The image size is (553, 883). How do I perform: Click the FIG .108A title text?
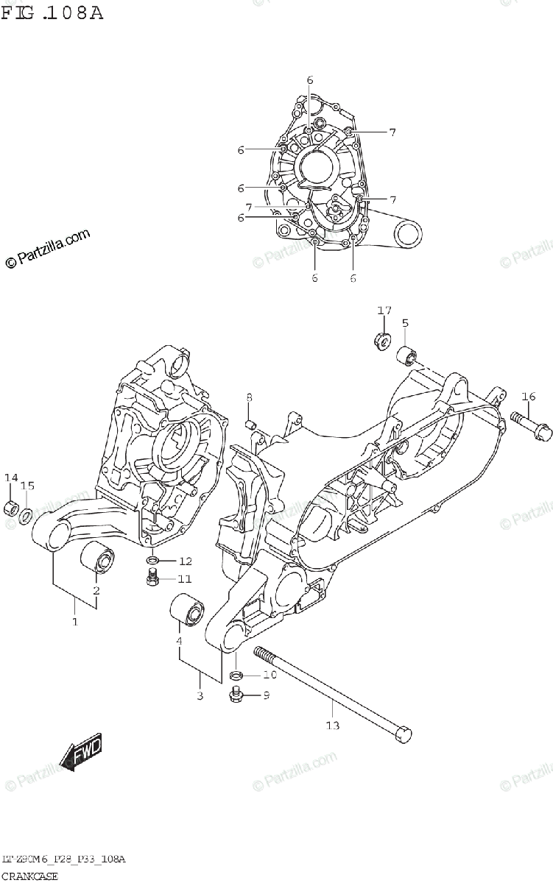point(52,13)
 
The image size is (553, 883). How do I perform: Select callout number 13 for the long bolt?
point(332,726)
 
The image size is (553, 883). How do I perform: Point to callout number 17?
point(384,311)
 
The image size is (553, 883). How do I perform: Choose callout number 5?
point(405,323)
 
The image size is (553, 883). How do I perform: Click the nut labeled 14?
point(11,508)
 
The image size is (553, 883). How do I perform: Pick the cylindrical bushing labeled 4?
point(186,611)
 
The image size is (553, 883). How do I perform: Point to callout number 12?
point(185,561)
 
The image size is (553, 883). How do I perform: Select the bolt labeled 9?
point(236,693)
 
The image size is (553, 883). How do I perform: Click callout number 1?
point(74,623)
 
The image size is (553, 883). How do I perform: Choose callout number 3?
point(199,696)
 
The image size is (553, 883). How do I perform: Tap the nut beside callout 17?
point(382,341)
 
